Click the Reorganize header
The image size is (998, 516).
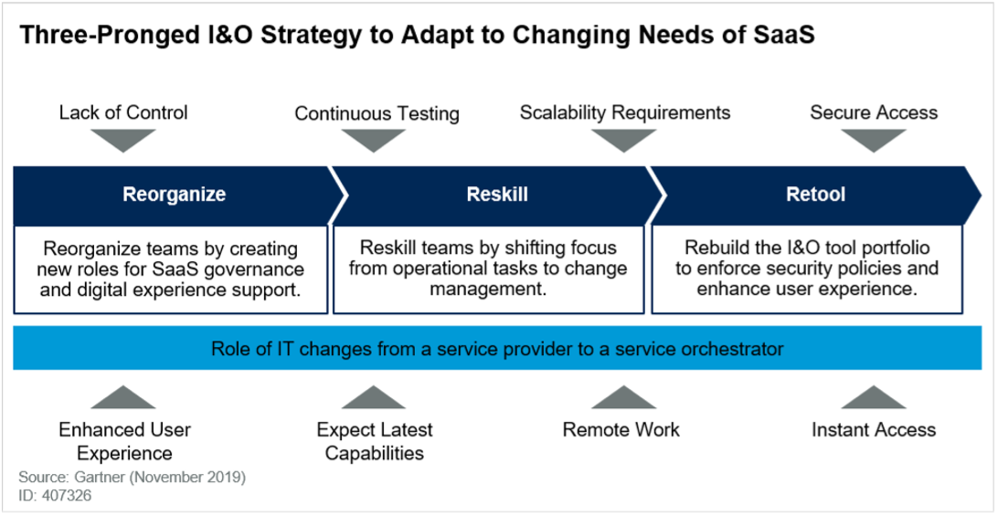(174, 194)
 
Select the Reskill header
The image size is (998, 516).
(497, 194)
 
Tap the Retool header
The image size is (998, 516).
(815, 194)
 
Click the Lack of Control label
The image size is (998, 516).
(123, 112)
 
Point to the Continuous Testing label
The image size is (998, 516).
(377, 113)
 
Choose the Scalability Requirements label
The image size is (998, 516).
(625, 112)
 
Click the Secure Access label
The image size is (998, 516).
(874, 112)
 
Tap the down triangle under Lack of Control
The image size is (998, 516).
(123, 141)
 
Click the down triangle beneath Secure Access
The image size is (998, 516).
(874, 141)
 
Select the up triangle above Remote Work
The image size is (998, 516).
(623, 397)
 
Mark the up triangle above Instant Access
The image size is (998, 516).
(874, 397)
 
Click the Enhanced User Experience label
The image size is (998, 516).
(124, 441)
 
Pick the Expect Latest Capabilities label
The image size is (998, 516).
(375, 441)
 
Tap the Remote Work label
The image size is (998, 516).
(621, 429)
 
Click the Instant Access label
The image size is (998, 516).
(874, 429)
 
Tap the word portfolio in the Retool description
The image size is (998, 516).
(902, 247)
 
